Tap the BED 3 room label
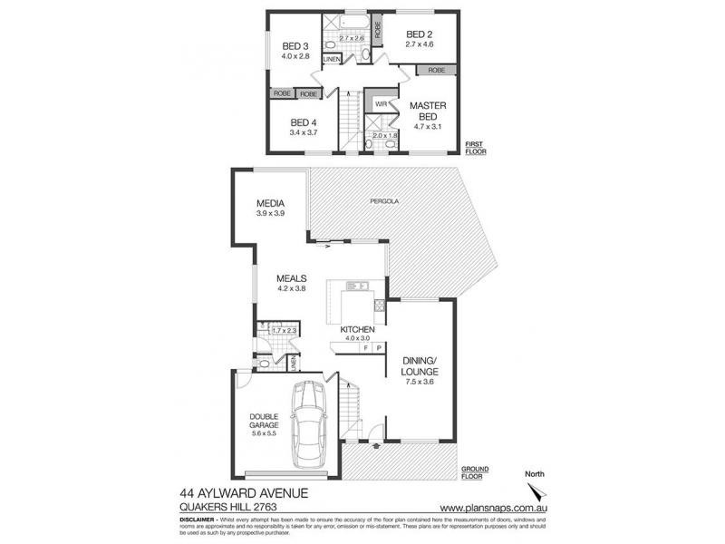click(x=295, y=46)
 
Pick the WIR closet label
click(x=381, y=104)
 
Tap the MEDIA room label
click(x=270, y=203)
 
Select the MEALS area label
click(x=292, y=279)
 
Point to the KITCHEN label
click(x=358, y=330)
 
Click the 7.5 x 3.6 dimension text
click(x=420, y=383)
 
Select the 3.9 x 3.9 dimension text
click(x=270, y=214)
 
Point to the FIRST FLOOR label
click(x=474, y=149)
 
